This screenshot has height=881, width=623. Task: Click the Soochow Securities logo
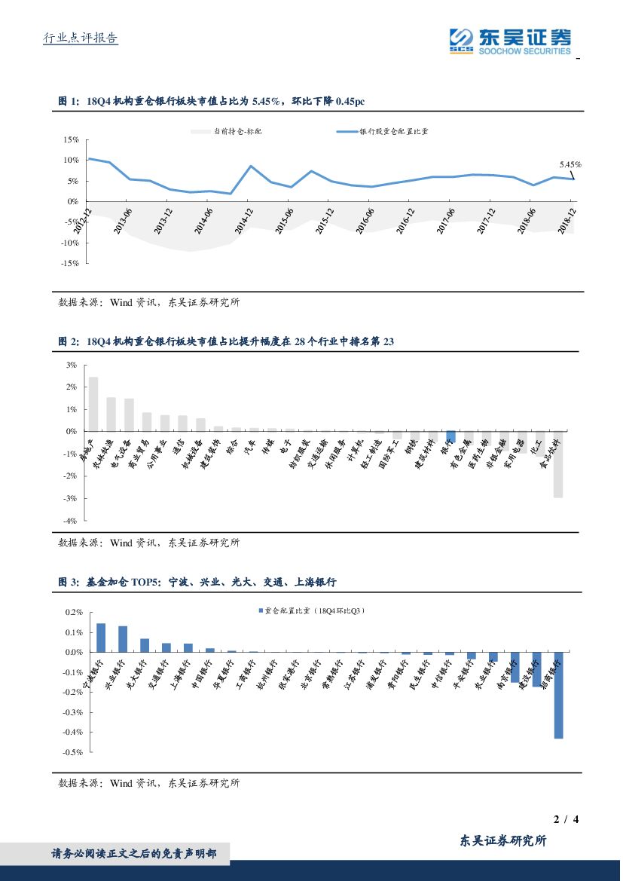(x=510, y=41)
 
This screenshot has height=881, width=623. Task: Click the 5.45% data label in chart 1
(x=570, y=164)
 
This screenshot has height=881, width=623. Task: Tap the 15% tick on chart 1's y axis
(x=72, y=139)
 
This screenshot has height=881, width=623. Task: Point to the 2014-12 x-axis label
(x=244, y=219)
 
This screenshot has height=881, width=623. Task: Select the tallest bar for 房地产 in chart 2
(x=93, y=404)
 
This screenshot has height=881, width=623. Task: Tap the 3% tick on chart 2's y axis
(x=72, y=365)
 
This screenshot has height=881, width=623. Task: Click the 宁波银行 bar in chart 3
(x=101, y=638)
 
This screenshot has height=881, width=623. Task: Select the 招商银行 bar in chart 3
(x=558, y=695)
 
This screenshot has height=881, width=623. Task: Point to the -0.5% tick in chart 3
(x=72, y=752)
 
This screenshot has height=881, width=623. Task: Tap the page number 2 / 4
(x=565, y=819)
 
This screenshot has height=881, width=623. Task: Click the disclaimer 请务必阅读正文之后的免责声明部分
(x=133, y=854)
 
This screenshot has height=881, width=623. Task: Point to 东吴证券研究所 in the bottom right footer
(x=502, y=841)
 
